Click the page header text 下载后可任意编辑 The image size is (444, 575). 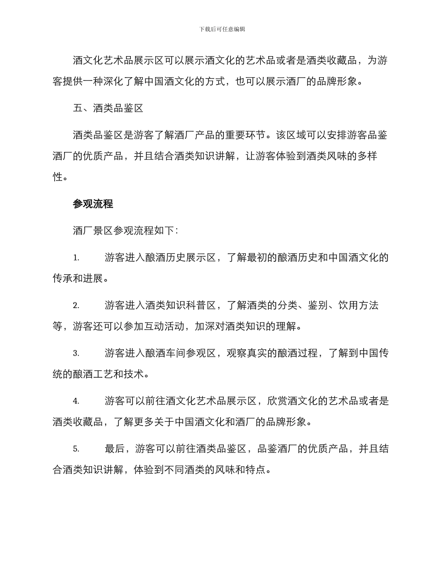point(222,29)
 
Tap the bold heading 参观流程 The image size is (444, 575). point(93,204)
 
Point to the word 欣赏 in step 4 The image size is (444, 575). point(276,401)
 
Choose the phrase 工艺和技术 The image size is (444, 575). point(124,374)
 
